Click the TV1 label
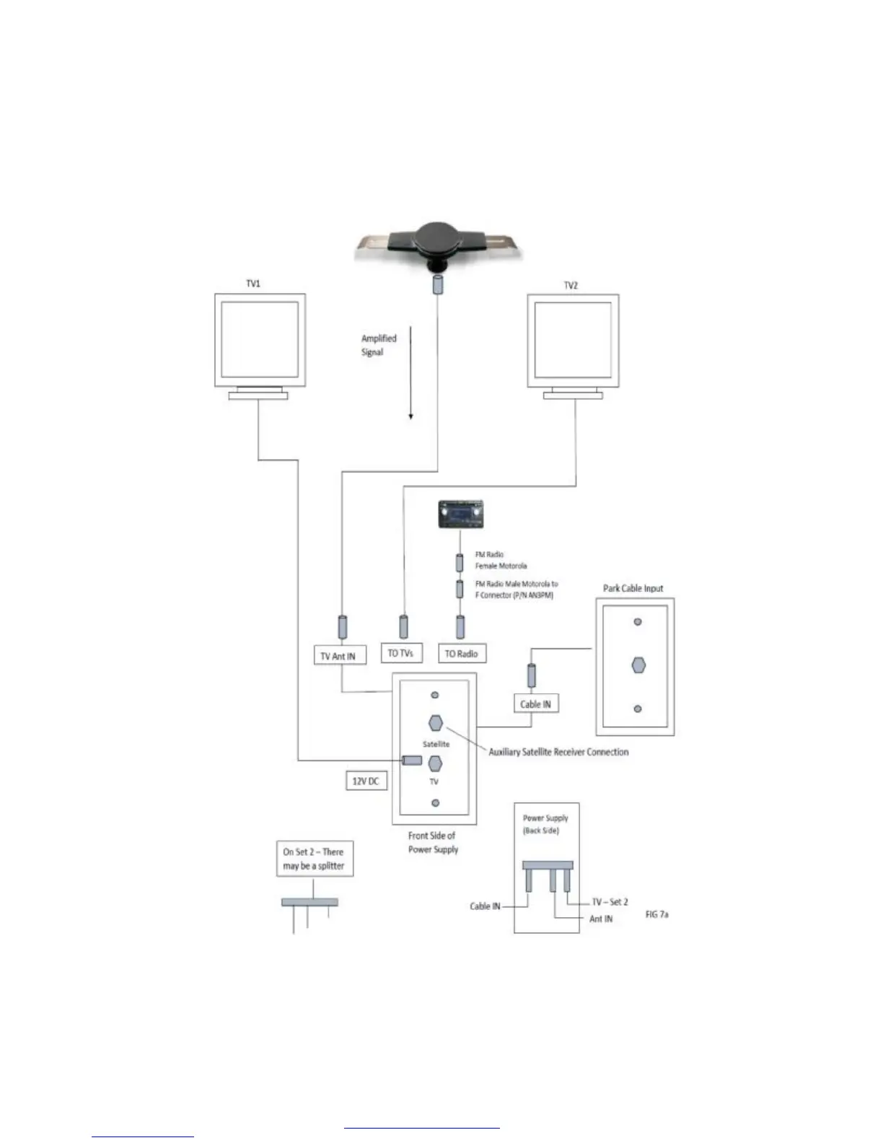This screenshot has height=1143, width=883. (x=253, y=284)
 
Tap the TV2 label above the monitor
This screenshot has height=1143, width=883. (x=571, y=285)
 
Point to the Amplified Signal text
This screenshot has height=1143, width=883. (x=379, y=345)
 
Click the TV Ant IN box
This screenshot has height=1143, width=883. (x=338, y=656)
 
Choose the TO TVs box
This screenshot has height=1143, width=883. (x=400, y=653)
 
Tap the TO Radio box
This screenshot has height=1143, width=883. (x=461, y=654)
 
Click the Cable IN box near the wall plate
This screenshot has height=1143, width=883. (x=535, y=704)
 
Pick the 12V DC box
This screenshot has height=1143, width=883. (x=366, y=781)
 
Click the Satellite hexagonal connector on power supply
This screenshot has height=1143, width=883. (x=435, y=723)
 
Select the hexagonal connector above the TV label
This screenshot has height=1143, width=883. (x=435, y=763)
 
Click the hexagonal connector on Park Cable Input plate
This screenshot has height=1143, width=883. (x=638, y=665)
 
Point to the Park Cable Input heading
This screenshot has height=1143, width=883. (x=633, y=588)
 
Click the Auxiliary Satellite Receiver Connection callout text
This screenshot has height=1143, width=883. (x=558, y=752)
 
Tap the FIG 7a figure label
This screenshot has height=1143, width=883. (x=656, y=914)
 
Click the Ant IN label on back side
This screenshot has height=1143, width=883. (x=601, y=919)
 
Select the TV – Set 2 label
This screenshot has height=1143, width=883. (x=610, y=902)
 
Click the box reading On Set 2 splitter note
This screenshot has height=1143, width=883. (x=315, y=859)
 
